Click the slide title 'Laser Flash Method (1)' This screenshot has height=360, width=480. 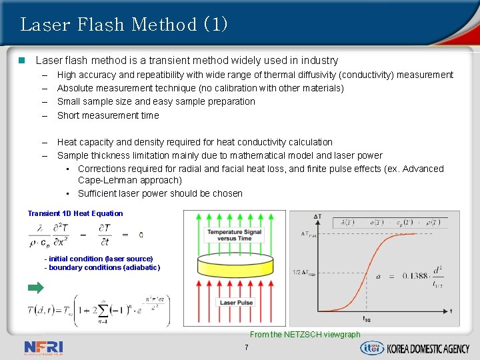[124, 25]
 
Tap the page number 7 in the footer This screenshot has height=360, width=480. [246, 348]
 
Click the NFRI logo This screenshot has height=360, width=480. [43, 347]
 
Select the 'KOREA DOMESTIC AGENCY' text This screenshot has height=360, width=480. [429, 348]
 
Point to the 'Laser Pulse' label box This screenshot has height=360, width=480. [236, 303]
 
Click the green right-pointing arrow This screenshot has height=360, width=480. [35, 288]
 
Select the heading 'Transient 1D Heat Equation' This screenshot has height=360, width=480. [75, 213]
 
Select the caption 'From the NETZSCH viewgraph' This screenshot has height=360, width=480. [305, 335]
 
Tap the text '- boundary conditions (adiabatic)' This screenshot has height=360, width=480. [102, 267]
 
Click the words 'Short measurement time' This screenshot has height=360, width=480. [108, 115]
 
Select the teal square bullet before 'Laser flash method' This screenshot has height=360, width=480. [22, 61]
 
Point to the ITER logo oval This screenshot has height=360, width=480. [371, 347]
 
